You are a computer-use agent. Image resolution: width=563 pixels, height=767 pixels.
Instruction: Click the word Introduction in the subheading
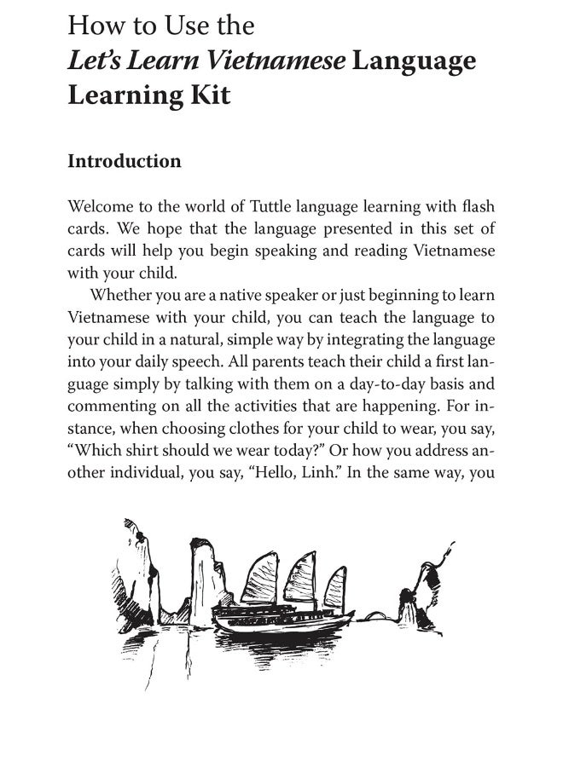[124, 161]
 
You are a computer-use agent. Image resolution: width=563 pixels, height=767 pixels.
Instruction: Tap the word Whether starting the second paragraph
[124, 296]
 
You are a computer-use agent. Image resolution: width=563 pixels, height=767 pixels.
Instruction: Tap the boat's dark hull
[281, 627]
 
